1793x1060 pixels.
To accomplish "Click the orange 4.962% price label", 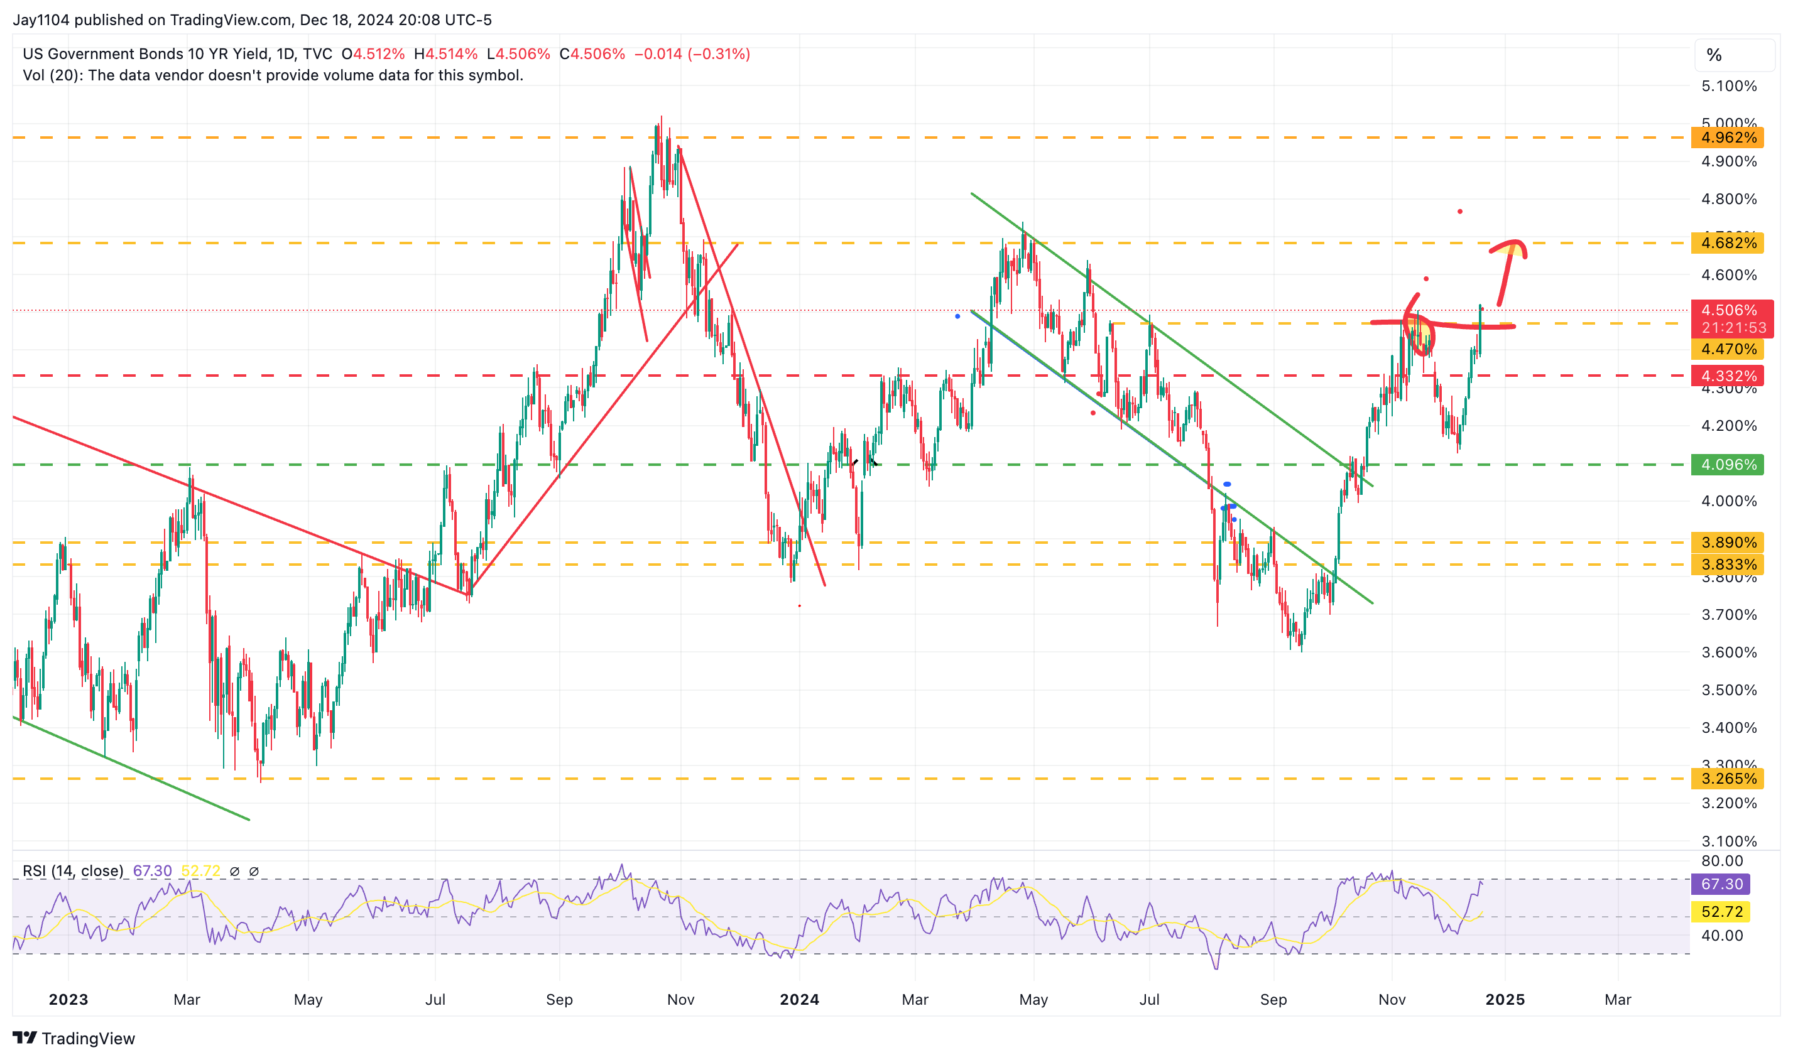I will [1726, 137].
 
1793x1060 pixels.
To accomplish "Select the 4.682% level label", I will [1726, 243].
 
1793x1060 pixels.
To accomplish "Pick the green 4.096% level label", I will [1726, 464].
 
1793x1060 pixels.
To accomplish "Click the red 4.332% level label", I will [1726, 376].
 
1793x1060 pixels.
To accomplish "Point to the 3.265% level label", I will [1726, 779].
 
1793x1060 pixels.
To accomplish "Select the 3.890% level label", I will [1726, 542].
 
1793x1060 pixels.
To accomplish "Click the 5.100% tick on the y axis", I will [1728, 87].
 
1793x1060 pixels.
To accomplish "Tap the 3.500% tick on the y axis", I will [1728, 690].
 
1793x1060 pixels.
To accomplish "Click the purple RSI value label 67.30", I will [1721, 884].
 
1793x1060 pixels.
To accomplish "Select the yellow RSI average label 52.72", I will [1721, 911].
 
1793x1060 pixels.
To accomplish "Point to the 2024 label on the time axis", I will [799, 999].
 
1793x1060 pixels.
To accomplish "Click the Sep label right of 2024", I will [1273, 999].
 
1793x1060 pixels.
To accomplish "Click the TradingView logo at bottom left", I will [74, 1038].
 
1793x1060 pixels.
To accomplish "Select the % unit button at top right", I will [1714, 55].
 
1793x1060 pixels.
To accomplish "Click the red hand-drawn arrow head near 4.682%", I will [1513, 246].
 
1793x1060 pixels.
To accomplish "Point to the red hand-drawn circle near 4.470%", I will [1419, 332].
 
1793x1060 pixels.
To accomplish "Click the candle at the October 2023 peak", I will [660, 132].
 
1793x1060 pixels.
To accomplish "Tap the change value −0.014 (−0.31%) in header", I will [692, 54].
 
